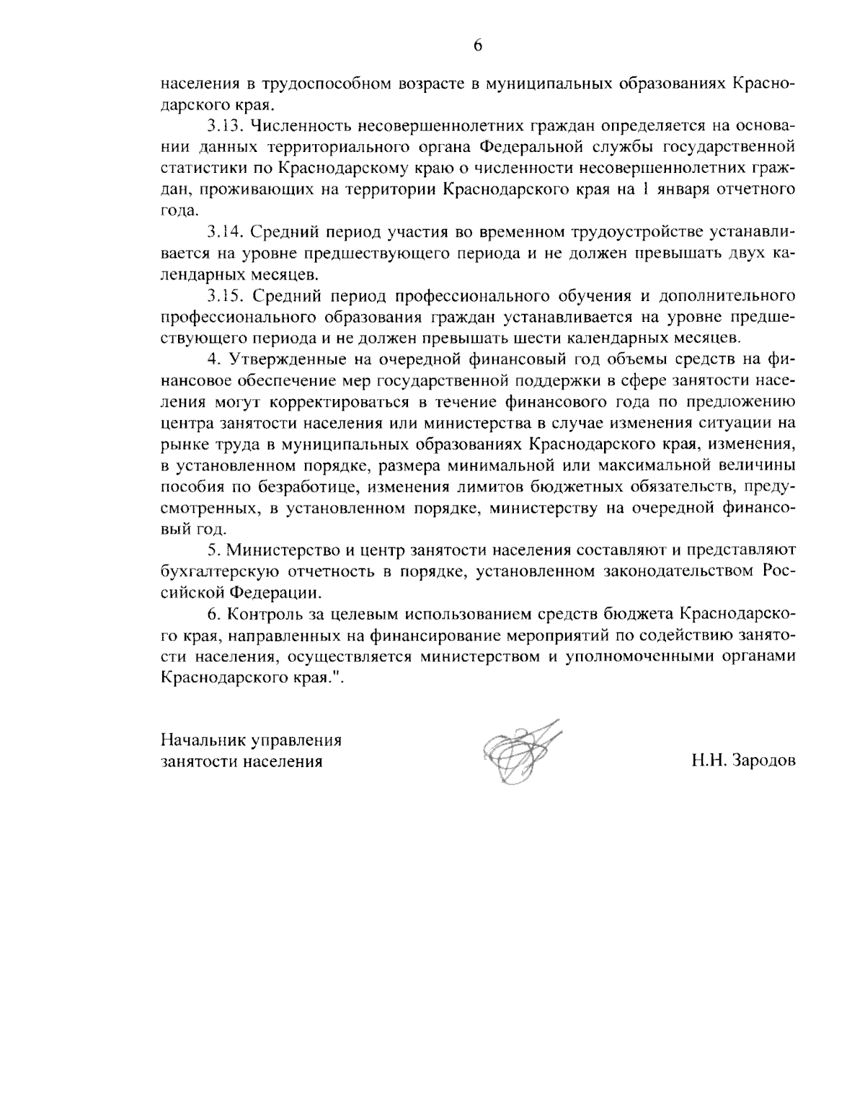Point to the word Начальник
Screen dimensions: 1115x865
pyautogui.click(x=199, y=740)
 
